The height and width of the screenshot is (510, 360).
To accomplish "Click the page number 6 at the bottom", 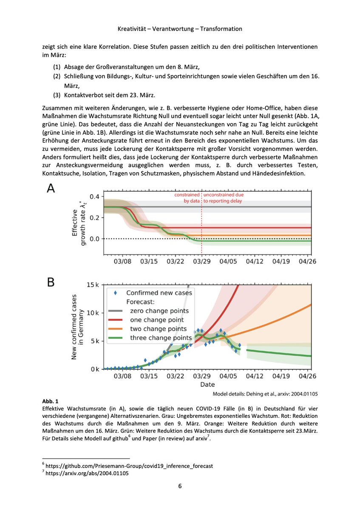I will click(180, 487).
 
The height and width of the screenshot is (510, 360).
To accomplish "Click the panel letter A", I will click(50, 189).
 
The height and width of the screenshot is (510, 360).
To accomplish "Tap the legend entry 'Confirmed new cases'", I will click(159, 293).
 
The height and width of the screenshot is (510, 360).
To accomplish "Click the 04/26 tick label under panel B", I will click(309, 377).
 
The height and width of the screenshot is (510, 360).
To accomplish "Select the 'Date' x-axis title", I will click(207, 384).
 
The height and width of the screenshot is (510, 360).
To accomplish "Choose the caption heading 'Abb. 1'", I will click(48, 401).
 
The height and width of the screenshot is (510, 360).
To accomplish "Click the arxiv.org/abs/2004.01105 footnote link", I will click(87, 473).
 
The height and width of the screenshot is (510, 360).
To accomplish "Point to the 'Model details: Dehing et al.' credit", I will click(264, 394).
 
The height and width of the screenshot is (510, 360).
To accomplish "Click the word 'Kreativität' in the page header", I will click(133, 29).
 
